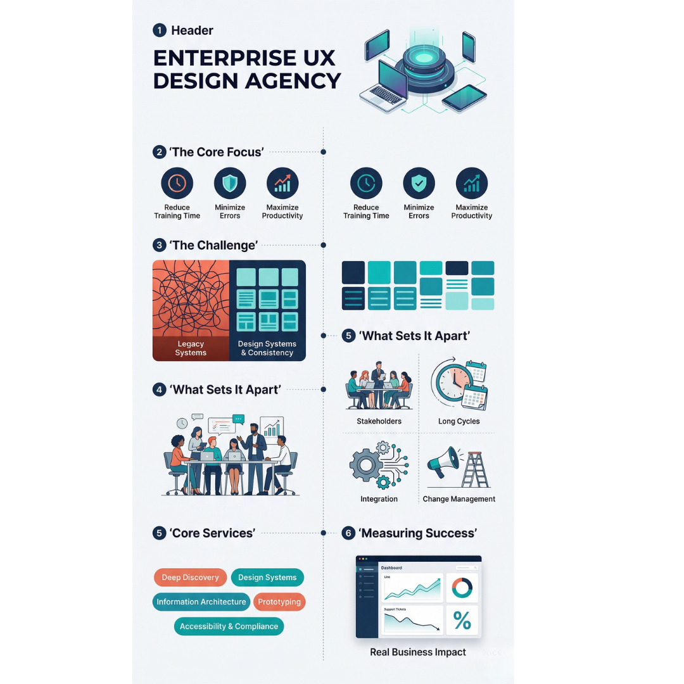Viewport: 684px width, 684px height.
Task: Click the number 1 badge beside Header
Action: click(x=160, y=30)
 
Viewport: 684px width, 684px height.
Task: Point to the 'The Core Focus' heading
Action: click(x=216, y=152)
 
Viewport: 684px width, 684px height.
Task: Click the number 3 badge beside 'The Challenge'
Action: click(x=160, y=245)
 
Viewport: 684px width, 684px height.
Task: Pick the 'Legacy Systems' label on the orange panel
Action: click(x=191, y=348)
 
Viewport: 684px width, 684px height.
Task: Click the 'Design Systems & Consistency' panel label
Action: click(x=267, y=348)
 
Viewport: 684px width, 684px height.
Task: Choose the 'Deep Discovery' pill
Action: click(x=190, y=578)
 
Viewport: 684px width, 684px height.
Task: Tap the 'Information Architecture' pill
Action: click(x=201, y=602)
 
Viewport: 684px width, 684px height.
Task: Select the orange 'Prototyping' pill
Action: click(x=279, y=602)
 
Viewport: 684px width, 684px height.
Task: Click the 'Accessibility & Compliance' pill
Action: click(x=229, y=626)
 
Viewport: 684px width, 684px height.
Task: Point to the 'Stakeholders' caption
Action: click(x=379, y=421)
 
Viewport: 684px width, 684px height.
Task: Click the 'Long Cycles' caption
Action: click(x=459, y=421)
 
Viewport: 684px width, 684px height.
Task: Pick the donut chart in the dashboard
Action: click(x=462, y=588)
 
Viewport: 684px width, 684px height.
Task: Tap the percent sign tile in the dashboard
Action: click(x=462, y=620)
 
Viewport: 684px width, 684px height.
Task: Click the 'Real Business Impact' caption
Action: click(x=418, y=652)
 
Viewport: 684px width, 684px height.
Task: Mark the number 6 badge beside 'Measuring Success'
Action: click(x=348, y=533)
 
